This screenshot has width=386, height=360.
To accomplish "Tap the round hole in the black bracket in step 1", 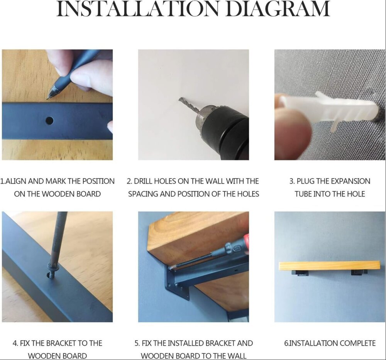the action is (49, 120).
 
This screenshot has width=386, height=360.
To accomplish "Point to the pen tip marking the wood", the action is (48, 98).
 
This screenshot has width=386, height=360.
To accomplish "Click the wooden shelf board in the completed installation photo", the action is (330, 266).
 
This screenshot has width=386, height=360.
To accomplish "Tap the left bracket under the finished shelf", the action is (301, 272).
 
